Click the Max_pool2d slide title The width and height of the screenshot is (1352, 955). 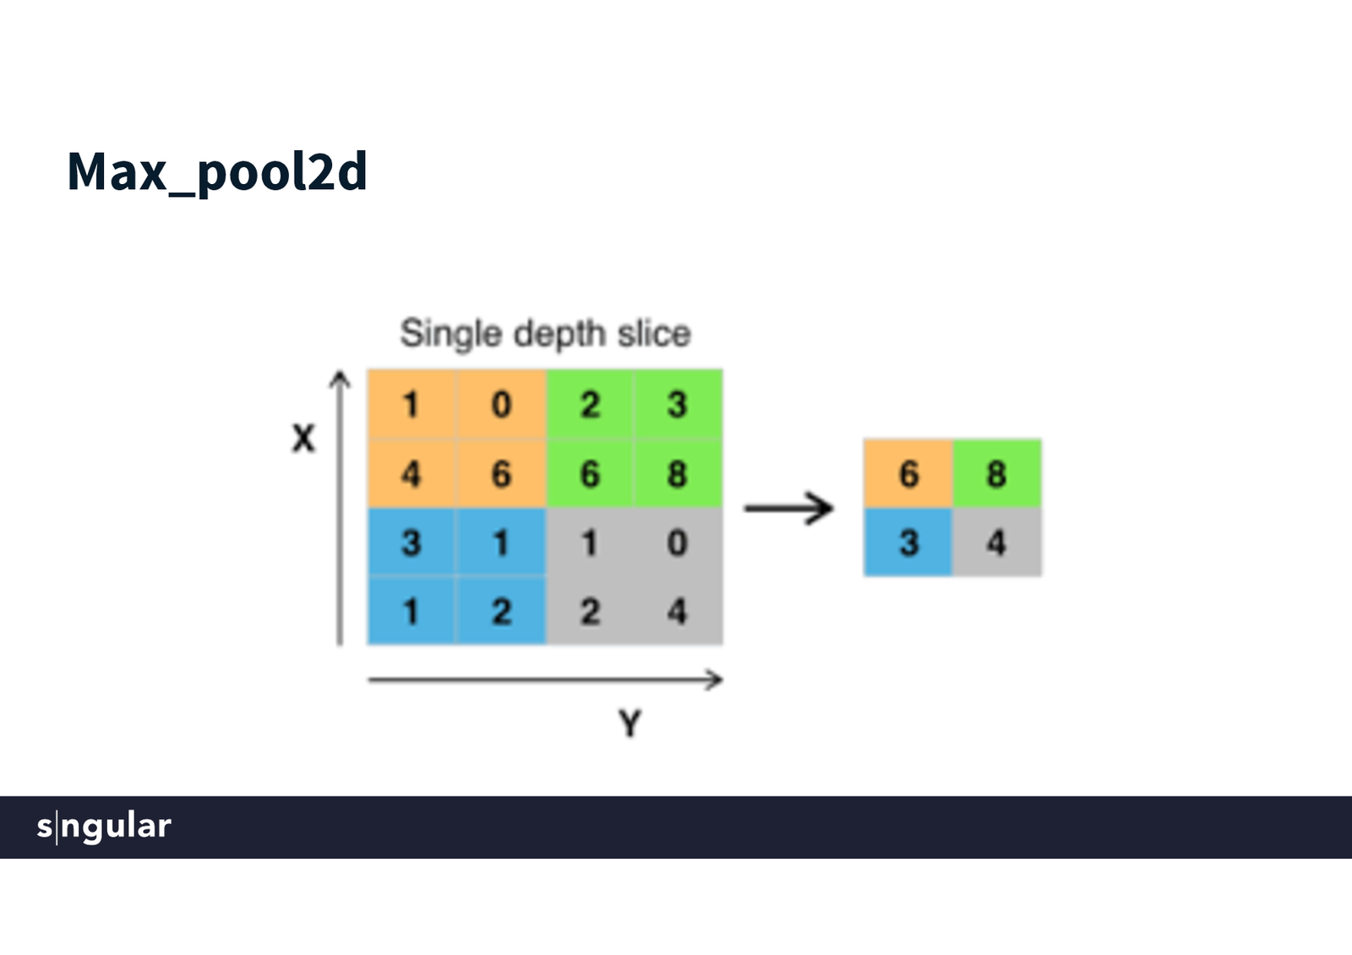click(x=217, y=172)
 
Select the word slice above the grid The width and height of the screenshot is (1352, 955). click(x=653, y=334)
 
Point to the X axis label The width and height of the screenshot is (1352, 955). click(x=303, y=438)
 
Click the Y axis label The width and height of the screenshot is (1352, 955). click(x=630, y=724)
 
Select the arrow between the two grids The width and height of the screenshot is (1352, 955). click(x=789, y=508)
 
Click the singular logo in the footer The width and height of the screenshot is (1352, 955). click(x=104, y=826)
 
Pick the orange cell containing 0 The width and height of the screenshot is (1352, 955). click(x=501, y=404)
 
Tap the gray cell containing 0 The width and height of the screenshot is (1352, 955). click(x=677, y=543)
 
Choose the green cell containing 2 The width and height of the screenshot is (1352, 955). click(x=590, y=404)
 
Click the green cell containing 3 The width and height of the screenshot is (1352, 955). click(x=677, y=404)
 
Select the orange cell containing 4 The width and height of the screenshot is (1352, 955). click(x=411, y=474)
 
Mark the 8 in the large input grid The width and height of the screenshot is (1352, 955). click(x=677, y=474)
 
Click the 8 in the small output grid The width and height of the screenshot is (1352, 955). click(x=996, y=474)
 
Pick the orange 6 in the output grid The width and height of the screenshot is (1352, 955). click(x=908, y=474)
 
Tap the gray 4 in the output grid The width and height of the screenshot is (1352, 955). click(x=996, y=543)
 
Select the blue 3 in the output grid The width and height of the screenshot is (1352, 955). click(x=908, y=543)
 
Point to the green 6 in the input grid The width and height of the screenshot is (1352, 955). click(x=590, y=474)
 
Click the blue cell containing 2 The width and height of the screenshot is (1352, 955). click(x=501, y=611)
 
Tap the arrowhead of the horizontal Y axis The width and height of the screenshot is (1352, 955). click(x=716, y=679)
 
